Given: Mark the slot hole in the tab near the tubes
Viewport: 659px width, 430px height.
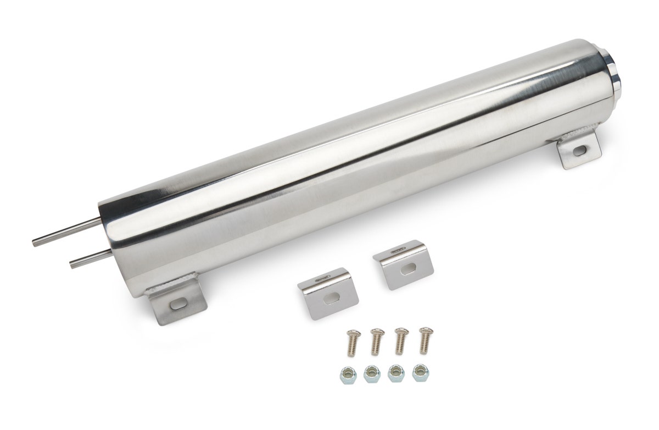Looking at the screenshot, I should pos(179,304).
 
